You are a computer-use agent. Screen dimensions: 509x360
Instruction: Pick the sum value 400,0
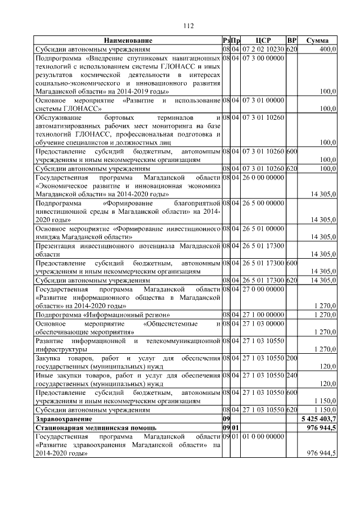(x=327, y=49)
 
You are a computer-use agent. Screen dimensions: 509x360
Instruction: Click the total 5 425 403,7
(x=318, y=419)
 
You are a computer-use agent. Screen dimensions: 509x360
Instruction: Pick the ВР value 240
(x=291, y=375)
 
